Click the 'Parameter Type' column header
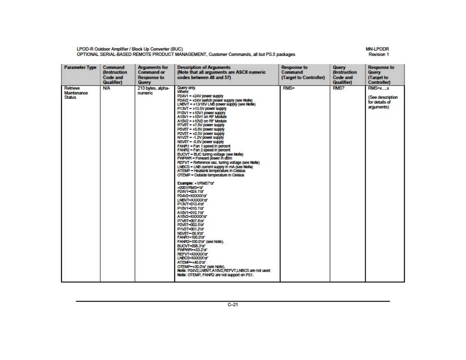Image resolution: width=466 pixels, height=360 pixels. (80, 68)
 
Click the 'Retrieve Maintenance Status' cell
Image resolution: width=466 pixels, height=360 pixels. (76, 93)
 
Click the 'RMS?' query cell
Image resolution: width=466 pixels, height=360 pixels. (339, 88)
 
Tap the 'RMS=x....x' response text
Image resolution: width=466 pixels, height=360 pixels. (378, 88)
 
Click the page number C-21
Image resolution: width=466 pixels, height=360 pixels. (233, 305)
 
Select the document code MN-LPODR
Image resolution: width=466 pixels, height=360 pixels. (377, 49)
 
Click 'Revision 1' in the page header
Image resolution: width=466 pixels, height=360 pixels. (378, 54)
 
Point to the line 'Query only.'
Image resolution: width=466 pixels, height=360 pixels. (186, 88)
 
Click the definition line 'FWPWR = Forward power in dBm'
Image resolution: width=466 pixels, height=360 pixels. (205, 158)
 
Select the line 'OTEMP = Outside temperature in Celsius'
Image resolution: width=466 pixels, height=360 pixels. (211, 175)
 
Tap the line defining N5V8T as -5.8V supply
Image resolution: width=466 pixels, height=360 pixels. (200, 142)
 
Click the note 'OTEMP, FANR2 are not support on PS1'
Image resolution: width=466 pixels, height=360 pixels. (215, 275)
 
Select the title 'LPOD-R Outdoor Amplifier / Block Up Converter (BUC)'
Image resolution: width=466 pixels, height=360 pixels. (129, 49)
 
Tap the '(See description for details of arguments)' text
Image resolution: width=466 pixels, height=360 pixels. (383, 102)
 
